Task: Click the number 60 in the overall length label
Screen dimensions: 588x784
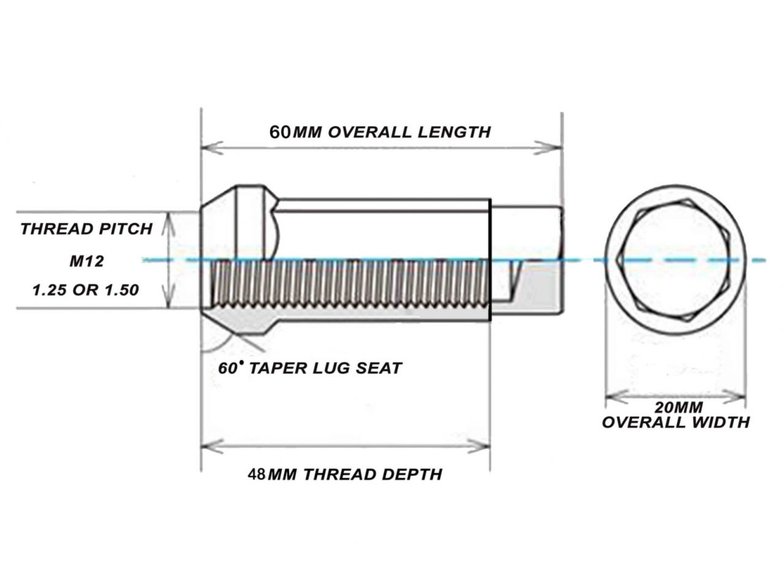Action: [x=280, y=132]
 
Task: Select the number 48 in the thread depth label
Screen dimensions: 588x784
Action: [x=256, y=474]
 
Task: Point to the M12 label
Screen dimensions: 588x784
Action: [x=86, y=261]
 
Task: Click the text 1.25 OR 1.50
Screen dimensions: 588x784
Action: [x=86, y=290]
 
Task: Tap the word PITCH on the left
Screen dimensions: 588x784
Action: [x=125, y=229]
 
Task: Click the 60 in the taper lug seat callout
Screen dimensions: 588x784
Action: [x=227, y=368]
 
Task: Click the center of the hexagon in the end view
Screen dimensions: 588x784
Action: [x=674, y=260]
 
